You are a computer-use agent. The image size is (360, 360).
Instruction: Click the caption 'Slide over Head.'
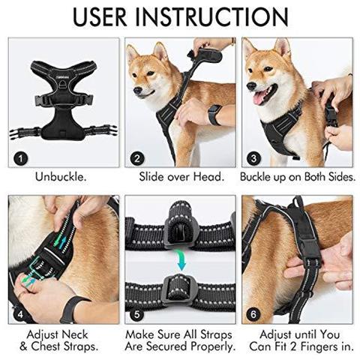click(x=180, y=178)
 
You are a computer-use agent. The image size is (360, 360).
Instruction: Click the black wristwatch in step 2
click(x=216, y=115)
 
